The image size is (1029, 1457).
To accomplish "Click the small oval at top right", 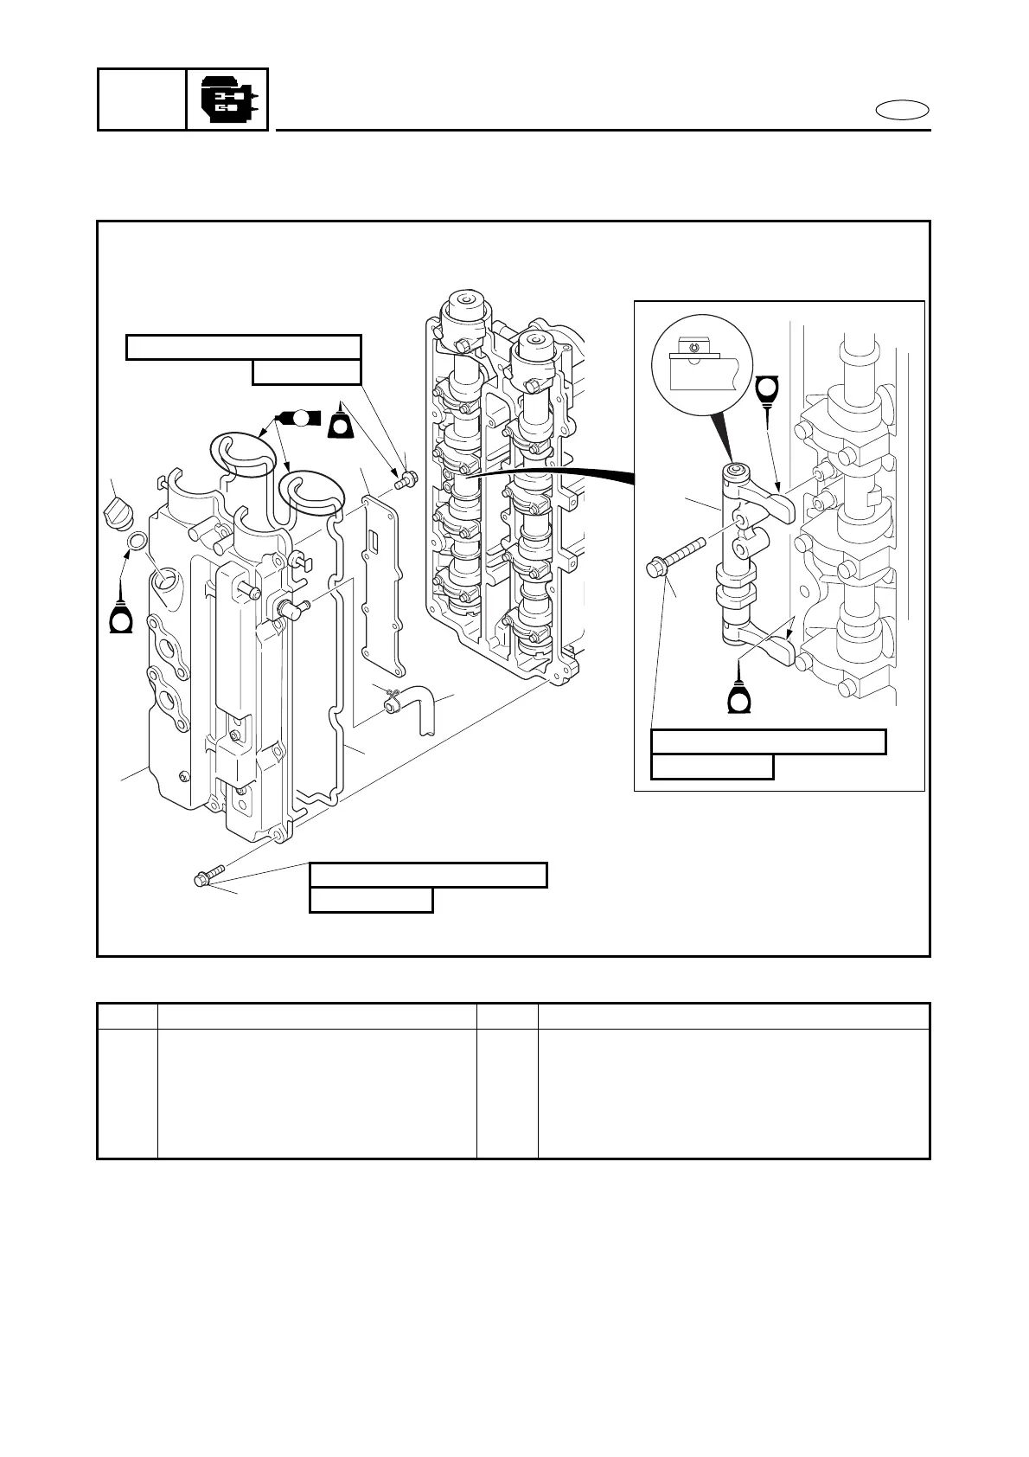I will coord(902,111).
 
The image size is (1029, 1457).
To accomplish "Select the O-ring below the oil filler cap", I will coord(137,542).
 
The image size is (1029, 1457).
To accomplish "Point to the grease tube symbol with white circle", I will coord(298,418).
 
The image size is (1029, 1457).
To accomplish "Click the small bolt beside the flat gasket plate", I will coord(405,479).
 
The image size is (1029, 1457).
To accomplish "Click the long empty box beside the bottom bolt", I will coord(428,875).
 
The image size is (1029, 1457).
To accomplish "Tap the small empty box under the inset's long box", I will coord(712,767).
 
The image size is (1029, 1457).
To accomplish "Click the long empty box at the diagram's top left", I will coord(243,347).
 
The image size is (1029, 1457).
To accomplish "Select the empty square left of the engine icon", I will coord(142,100).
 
